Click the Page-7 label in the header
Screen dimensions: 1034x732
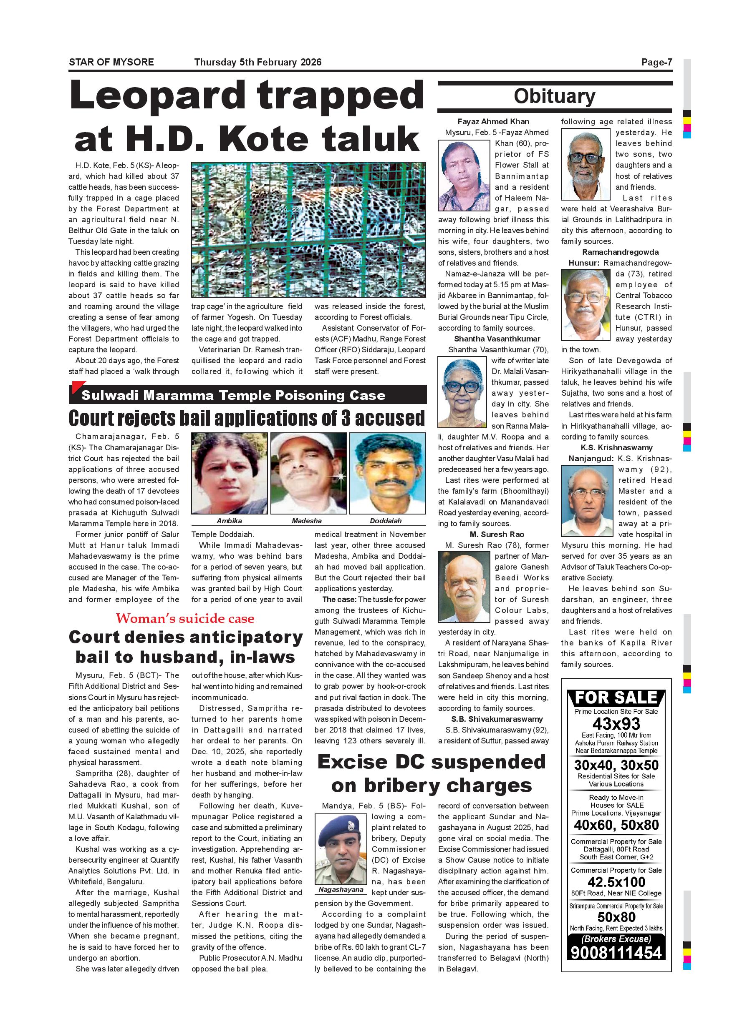coord(656,62)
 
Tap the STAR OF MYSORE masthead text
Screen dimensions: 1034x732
coord(111,62)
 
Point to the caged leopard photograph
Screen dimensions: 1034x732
coord(308,230)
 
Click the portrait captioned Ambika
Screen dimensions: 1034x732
coord(230,473)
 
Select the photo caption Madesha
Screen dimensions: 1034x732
coord(306,521)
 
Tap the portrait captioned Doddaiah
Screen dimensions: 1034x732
coord(387,473)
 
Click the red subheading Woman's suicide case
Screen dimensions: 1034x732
coord(185,619)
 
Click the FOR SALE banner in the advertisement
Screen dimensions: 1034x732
coord(616,698)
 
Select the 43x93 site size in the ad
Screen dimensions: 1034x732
coord(616,724)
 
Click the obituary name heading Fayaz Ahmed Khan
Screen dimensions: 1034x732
coord(493,122)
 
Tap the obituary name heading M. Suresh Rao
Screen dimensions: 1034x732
coord(497,535)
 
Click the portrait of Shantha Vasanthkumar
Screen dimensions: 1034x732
coord(463,392)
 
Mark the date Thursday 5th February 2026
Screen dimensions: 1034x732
coord(258,62)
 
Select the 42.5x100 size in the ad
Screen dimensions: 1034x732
coord(616,882)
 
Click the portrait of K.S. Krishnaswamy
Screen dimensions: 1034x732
coord(587,501)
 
